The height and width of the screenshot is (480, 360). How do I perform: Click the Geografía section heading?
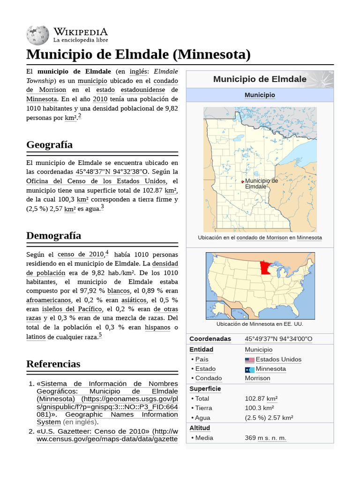coord(49,144)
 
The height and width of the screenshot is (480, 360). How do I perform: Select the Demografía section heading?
coord(53,235)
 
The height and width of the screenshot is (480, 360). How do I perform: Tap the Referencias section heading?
coord(53,364)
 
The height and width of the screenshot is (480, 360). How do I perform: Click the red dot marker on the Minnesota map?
coord(242,181)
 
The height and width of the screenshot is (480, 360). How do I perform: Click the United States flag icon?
coord(249,360)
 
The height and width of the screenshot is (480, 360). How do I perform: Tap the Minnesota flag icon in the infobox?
coord(249,369)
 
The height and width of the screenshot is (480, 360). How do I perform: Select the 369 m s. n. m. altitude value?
coord(265,438)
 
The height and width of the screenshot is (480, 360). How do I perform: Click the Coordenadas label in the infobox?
coord(210,339)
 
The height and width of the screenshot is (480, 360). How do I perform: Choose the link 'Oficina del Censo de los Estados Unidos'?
coord(96,181)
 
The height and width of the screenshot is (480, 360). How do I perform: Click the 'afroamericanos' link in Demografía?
coord(49,300)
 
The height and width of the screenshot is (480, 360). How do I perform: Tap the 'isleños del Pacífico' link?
coord(72,309)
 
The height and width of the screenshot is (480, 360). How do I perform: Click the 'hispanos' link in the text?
coord(157,327)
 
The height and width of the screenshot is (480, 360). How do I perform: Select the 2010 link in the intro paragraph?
coord(100,99)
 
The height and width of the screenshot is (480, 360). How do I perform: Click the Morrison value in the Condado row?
coord(257,378)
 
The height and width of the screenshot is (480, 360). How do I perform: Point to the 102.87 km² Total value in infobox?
coord(261,399)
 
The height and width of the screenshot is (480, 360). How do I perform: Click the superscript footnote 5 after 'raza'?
coord(100,335)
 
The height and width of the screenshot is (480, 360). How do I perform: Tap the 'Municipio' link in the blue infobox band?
coord(260,95)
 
